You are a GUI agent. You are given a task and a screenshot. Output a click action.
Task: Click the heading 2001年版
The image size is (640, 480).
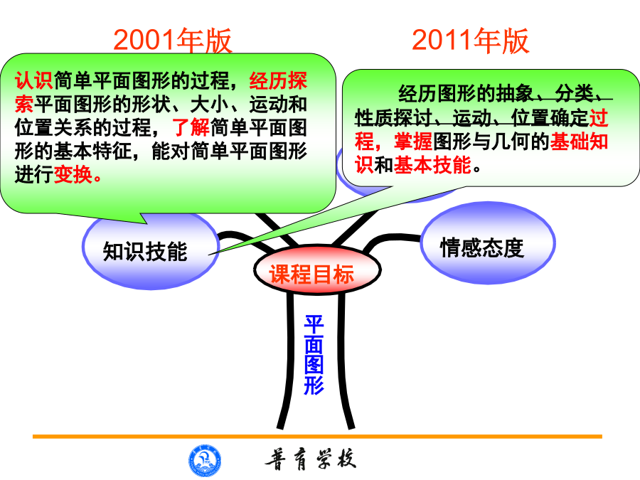(x=173, y=41)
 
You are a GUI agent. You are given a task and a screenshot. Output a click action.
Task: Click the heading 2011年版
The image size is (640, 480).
(x=470, y=41)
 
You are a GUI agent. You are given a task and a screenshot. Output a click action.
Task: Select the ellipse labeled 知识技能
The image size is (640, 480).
(x=151, y=250)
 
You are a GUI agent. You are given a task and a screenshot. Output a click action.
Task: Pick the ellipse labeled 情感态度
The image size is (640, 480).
(x=488, y=243)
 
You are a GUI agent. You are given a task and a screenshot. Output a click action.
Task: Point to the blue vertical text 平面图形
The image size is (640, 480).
(x=314, y=354)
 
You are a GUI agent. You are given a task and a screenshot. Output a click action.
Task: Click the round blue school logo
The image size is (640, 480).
(x=205, y=460)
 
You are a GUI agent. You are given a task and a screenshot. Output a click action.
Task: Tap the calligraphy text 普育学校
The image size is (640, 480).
(x=311, y=459)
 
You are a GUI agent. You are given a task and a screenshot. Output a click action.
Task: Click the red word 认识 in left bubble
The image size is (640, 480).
(x=34, y=80)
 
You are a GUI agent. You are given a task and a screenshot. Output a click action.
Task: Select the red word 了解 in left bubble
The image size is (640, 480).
(x=191, y=127)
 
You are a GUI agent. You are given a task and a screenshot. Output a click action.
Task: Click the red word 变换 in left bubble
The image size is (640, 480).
(x=73, y=174)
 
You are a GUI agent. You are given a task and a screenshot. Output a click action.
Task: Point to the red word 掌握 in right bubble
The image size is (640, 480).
(x=413, y=142)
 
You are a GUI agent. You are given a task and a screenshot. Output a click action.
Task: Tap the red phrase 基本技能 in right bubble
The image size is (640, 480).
(x=432, y=165)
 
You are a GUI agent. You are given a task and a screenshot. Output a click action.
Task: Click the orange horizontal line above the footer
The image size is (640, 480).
(x=318, y=437)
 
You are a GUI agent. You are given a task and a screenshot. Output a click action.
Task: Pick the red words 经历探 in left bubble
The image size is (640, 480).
(x=278, y=80)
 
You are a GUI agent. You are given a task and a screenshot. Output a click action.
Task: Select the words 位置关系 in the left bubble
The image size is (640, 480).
(x=53, y=127)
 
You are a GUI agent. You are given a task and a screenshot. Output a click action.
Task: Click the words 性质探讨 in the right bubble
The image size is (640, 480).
(x=393, y=117)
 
